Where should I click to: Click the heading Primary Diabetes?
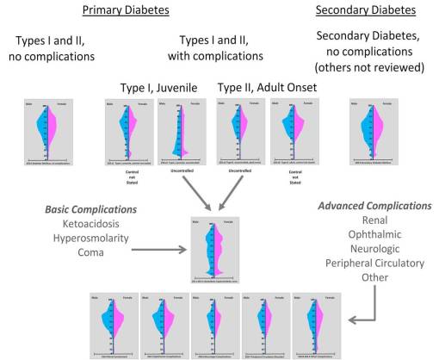pyautogui.click(x=125, y=11)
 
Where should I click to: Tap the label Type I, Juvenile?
pyautogui.click(x=162, y=87)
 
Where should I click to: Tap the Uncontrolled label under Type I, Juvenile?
pyautogui.click(x=180, y=171)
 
